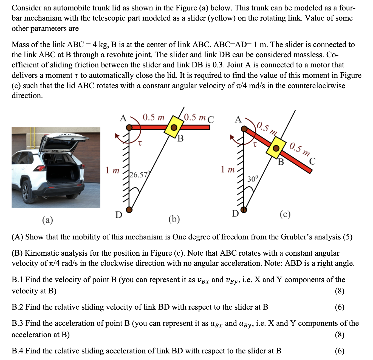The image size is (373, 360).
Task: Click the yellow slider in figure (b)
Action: click(174, 127)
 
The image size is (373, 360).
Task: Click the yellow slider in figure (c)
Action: click(276, 148)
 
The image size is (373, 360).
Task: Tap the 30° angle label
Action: click(253, 179)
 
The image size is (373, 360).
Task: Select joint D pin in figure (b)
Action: click(129, 210)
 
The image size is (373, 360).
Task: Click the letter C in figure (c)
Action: click(312, 161)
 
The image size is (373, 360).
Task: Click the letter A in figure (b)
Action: click(123, 118)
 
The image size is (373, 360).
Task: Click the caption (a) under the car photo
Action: click(47, 220)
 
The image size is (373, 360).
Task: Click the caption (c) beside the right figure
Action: click(285, 214)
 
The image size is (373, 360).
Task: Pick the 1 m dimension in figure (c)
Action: click(228, 170)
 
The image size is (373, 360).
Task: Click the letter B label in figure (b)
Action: click(180, 139)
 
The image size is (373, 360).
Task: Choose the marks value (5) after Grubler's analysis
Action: click(347, 237)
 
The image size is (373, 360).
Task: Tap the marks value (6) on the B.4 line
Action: click(340, 351)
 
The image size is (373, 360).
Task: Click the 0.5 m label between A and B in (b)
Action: click(154, 118)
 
